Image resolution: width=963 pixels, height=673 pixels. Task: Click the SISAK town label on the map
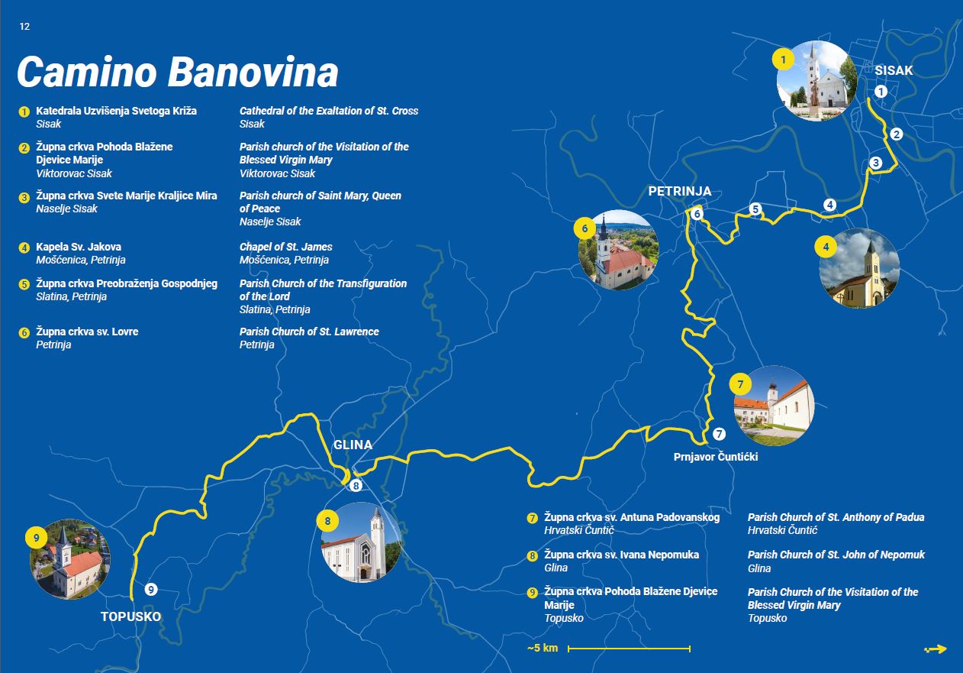894,71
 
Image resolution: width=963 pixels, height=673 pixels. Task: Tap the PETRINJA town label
679,192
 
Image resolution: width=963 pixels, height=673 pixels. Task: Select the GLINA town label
353,445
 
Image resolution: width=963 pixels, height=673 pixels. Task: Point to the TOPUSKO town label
131,616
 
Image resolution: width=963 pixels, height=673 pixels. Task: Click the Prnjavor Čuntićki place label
716,457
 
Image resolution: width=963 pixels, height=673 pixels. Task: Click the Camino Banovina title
178,73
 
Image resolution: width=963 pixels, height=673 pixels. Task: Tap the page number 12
25,26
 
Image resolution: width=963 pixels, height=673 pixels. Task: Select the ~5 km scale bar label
543,649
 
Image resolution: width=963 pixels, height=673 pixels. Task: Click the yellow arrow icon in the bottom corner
936,649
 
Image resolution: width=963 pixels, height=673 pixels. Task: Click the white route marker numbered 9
151,589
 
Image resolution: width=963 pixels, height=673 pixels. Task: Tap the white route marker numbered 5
755,209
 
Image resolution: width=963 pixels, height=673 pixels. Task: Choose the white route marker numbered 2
897,134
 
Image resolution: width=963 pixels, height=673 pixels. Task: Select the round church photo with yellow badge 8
361,542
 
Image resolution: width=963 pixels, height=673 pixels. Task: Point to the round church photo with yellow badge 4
859,269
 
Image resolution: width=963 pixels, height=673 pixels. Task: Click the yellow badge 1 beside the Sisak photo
783,58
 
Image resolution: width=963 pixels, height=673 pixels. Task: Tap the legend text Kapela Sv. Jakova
79,247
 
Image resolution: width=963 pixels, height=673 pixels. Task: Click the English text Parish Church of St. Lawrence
309,332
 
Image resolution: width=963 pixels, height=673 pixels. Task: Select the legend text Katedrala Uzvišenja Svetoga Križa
116,111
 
